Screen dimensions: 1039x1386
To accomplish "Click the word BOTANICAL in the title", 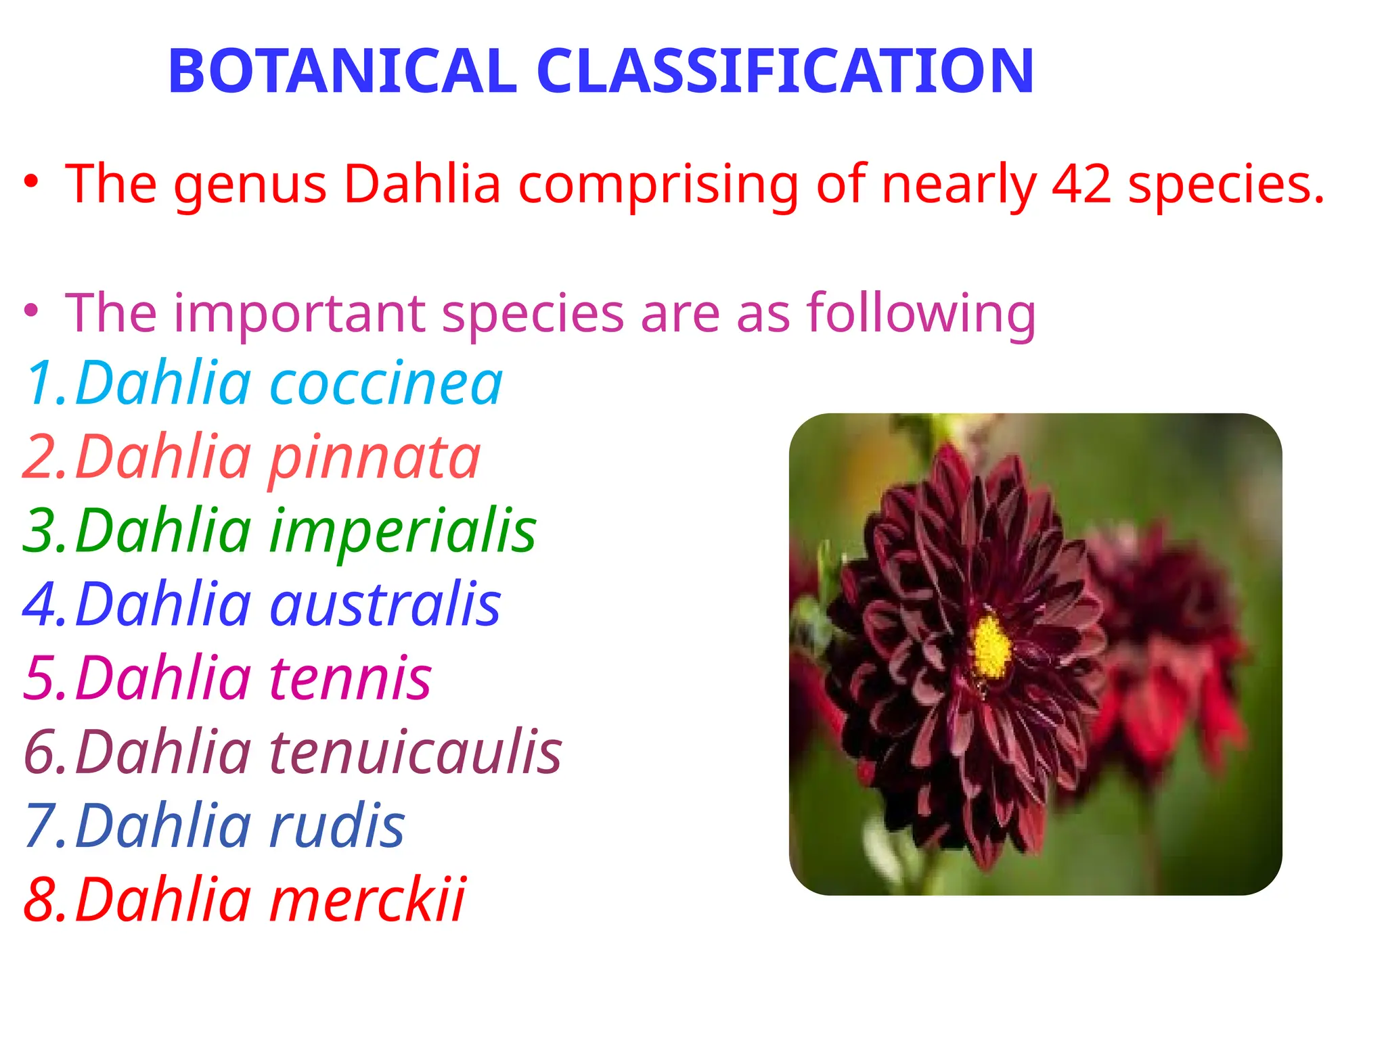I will coord(342,71).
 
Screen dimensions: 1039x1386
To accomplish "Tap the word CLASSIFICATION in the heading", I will coord(785,71).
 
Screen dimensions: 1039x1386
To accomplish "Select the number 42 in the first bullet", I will coord(1081,184).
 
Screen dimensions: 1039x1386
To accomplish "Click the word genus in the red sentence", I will coord(250,185).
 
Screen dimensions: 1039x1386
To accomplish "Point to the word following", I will coord(920,314).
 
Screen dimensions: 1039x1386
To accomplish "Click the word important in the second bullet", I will coord(299,314).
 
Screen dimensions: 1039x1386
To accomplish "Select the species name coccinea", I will coord(386,384).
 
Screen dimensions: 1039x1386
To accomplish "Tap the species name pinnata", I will coord(374,459).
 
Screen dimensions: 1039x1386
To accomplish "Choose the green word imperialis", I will coord(403,532).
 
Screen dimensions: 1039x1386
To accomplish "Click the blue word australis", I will coord(385,605).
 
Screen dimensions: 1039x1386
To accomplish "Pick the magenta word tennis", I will coord(351,678).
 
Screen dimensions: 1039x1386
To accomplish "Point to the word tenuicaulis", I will coord(416,752).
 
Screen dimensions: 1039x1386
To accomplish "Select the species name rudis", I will coord(336,826).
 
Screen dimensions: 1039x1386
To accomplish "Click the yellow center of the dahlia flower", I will coord(991,647).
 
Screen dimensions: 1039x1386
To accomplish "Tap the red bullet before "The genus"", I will coord(30,183).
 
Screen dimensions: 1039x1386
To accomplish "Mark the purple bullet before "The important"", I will coord(30,312).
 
